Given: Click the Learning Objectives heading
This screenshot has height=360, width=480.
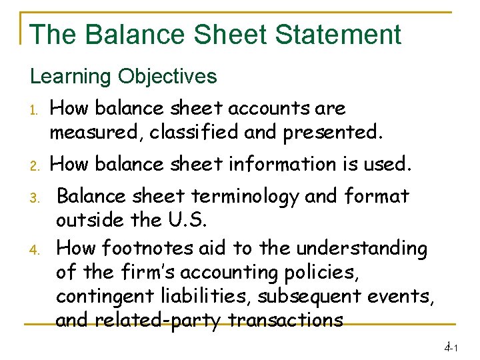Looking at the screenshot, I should pyautogui.click(x=123, y=76).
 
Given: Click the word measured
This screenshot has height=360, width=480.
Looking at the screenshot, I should pyautogui.click(x=96, y=132).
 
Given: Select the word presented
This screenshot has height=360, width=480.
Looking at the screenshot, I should pyautogui.click(x=333, y=132).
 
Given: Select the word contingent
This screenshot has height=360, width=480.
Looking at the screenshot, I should pyautogui.click(x=106, y=296).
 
